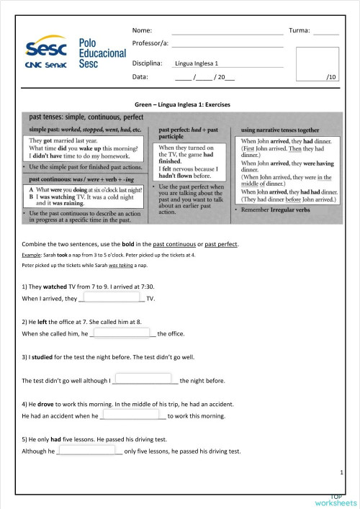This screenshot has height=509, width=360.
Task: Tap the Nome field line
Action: click(x=228, y=33)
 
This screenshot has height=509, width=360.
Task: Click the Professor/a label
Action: click(x=150, y=44)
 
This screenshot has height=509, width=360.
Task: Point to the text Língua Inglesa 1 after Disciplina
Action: click(x=197, y=64)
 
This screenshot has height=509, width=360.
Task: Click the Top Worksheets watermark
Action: click(x=335, y=500)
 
